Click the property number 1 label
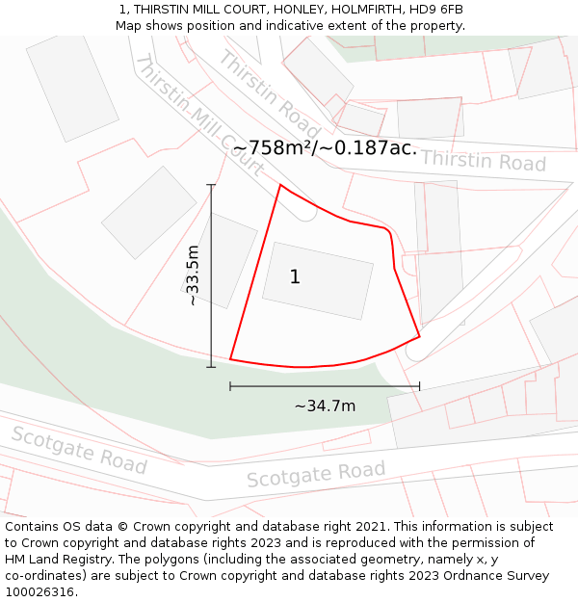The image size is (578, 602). click(295, 277)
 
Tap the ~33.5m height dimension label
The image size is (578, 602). click(193, 276)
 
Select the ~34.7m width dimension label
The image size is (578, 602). click(325, 406)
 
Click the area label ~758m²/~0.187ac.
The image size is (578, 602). click(325, 147)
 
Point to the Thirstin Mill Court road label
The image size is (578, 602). click(199, 116)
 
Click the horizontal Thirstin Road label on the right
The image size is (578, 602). click(483, 161)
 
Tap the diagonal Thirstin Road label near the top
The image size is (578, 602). click(268, 93)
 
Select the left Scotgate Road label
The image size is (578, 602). click(79, 450)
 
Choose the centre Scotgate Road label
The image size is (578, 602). click(316, 474)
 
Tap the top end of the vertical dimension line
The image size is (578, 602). click(211, 185)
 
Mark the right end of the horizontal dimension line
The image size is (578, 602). click(420, 386)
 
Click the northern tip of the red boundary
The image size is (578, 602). click(279, 185)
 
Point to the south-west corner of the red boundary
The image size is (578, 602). click(230, 359)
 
